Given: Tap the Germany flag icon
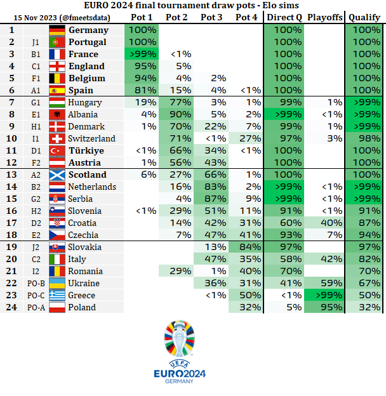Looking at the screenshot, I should point(57,30).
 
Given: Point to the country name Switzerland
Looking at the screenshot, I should point(92,138).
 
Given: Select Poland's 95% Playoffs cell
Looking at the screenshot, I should point(323,307).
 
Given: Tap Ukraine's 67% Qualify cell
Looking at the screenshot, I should point(364,283).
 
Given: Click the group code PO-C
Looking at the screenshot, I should point(36,295).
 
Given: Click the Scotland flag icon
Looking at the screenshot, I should point(57,175).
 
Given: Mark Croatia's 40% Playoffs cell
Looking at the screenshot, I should point(323,223).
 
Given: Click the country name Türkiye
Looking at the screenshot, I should point(86,150).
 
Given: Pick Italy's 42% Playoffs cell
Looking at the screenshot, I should point(323,259).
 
